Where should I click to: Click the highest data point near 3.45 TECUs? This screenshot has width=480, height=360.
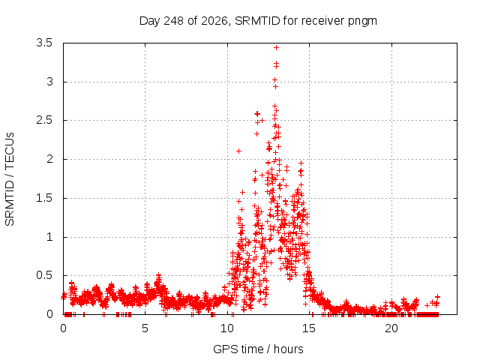[277, 47]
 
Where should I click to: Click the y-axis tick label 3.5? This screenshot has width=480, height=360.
[44, 43]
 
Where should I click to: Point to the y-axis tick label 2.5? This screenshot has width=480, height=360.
[44, 120]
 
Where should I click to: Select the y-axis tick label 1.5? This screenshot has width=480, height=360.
[44, 198]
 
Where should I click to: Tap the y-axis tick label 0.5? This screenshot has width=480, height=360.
[44, 275]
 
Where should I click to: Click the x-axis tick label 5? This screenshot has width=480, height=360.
[145, 328]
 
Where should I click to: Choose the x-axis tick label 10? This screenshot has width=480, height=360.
[227, 328]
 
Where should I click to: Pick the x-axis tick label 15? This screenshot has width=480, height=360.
[309, 328]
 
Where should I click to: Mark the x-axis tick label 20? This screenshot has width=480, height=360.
[391, 328]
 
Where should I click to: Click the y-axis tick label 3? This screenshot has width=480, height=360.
[49, 82]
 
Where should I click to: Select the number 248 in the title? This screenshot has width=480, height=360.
[173, 21]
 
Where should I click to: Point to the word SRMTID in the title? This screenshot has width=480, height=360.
[257, 21]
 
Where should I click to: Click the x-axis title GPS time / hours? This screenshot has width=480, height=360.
[258, 349]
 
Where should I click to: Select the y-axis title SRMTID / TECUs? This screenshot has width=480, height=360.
[10, 179]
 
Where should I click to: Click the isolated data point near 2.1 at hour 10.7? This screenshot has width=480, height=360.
[238, 151]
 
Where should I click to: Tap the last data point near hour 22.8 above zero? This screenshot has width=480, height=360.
[437, 297]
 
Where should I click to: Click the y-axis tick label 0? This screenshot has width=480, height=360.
[49, 314]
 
